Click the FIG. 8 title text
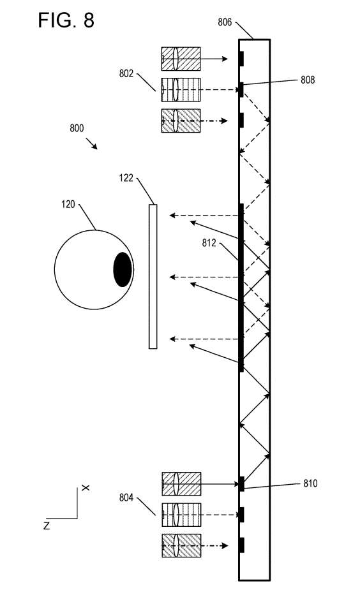coord(66,20)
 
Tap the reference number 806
coord(225,22)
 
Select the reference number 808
coord(308,80)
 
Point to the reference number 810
coord(310,483)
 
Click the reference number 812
coord(209,243)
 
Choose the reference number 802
coord(126,73)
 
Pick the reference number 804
coord(126,498)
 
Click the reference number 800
coord(77,128)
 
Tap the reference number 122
coord(126,177)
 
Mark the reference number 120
coord(68,204)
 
